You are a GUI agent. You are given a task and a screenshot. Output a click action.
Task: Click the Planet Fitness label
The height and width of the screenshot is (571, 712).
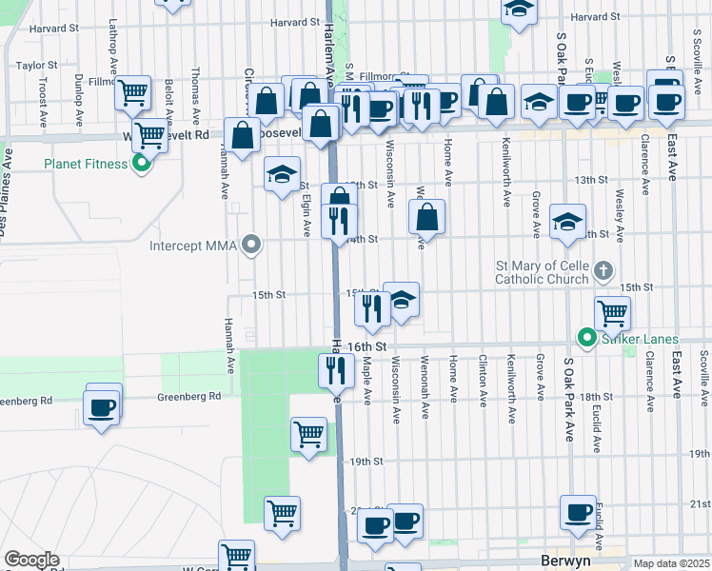85,164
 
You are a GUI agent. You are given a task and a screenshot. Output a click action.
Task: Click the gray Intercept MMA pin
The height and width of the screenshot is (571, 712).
251,246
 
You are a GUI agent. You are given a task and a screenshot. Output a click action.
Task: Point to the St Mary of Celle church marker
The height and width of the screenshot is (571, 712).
602,272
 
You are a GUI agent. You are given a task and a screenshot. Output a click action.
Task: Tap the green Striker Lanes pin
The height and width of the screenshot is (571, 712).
587,338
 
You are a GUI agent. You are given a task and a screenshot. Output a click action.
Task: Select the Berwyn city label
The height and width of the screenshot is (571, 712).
565,561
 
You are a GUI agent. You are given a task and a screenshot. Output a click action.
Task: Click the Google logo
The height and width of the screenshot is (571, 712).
31,560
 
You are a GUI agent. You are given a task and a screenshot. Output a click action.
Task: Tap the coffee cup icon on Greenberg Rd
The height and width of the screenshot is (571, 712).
103,406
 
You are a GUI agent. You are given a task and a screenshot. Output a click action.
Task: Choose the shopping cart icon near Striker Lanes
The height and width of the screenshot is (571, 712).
612,312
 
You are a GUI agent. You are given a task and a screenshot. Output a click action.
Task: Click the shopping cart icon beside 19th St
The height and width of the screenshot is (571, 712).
308,434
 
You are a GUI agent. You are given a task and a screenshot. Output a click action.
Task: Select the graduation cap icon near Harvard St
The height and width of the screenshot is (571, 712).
519,10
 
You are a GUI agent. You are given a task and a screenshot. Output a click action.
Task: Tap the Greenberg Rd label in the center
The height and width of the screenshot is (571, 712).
188,396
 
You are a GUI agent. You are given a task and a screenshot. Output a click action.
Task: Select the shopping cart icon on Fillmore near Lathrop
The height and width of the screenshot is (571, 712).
133,92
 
